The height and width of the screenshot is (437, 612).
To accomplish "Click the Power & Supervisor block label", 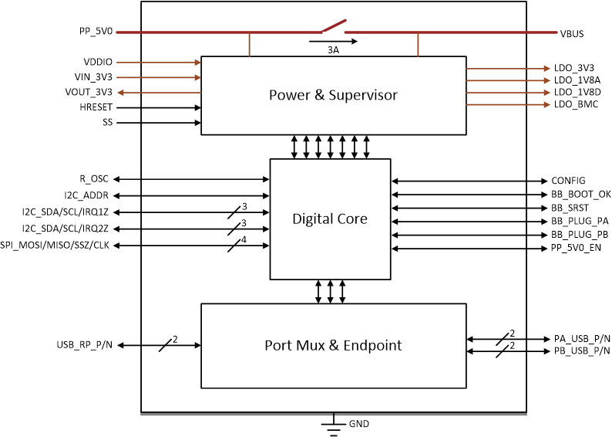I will [333, 95].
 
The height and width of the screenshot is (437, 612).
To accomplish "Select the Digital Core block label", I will [329, 218].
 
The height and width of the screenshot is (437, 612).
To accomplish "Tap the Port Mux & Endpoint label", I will [333, 345].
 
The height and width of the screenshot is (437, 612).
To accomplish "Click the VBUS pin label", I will [571, 33].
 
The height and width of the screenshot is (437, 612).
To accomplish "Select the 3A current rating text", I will [332, 49].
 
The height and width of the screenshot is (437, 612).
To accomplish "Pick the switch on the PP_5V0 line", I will [332, 28].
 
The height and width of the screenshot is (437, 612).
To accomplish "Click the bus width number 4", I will [243, 239].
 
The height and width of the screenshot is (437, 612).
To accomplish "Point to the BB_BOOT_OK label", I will [580, 194].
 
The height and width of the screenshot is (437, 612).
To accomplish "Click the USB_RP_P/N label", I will [85, 344].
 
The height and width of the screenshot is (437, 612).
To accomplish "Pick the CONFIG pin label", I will [568, 181].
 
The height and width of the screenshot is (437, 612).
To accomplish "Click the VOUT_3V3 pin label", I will [89, 92].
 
